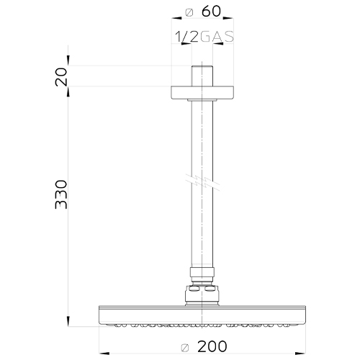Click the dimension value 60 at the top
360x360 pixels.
(x=211, y=12)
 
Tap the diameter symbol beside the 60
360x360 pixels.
(x=189, y=12)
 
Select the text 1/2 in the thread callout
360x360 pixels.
(x=186, y=37)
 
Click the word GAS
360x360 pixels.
(x=217, y=37)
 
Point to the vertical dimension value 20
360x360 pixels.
(x=61, y=77)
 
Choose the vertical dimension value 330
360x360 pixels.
(x=61, y=194)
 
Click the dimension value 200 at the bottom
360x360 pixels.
(x=212, y=346)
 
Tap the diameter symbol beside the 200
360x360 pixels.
(x=185, y=348)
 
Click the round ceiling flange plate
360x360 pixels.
(x=202, y=93)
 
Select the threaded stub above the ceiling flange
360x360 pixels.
(x=202, y=76)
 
